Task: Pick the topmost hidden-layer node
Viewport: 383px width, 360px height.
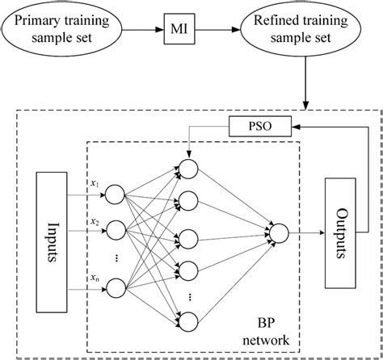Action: point(188,168)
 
